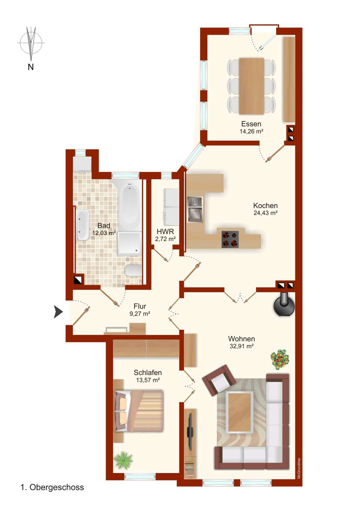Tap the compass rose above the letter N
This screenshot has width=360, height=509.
click(31, 43)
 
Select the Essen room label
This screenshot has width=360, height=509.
click(251, 124)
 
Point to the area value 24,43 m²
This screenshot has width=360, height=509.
click(266, 213)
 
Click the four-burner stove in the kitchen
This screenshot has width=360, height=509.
click(230, 239)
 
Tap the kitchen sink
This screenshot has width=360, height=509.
click(195, 210)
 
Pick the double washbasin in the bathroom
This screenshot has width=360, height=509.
click(82, 225)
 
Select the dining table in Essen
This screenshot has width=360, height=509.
click(251, 86)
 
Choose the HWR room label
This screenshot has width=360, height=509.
click(165, 232)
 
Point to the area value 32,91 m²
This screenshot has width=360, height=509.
click(241, 346)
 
